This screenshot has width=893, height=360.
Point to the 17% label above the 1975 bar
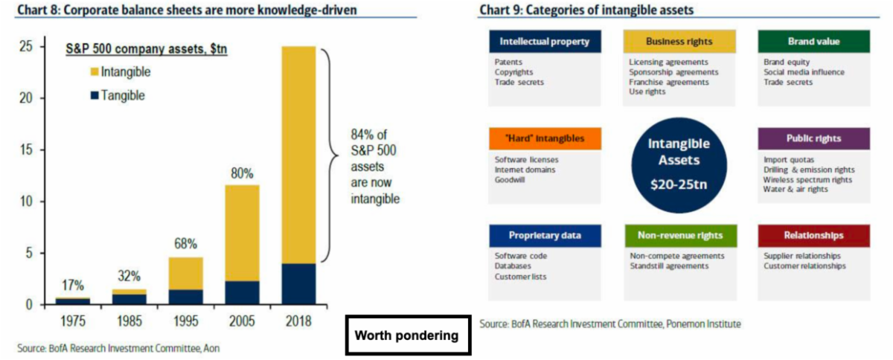click(72, 285)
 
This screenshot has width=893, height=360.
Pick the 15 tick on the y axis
click(25, 150)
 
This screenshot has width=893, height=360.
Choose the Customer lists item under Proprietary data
click(520, 277)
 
